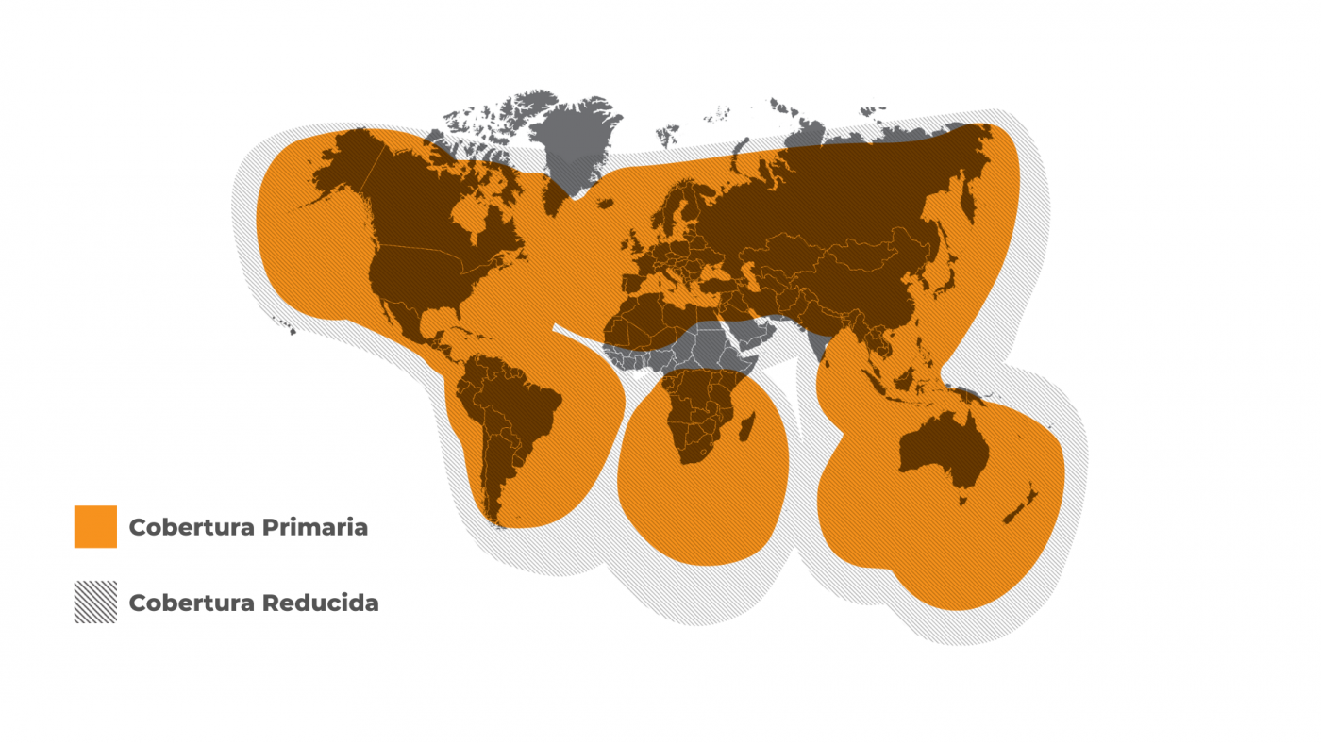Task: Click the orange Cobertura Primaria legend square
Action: [x=95, y=526]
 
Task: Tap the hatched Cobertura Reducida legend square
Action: [x=95, y=602]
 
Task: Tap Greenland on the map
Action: [x=576, y=141]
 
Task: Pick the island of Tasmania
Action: [x=962, y=496]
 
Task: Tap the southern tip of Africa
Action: [x=692, y=461]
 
